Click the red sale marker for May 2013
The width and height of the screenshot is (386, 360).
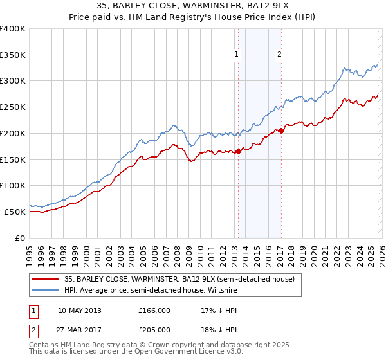tap(238, 151)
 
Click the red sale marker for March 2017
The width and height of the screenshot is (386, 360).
tap(282, 130)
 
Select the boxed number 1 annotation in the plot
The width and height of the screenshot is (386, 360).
tap(237, 55)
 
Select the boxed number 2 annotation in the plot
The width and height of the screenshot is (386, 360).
tap(280, 55)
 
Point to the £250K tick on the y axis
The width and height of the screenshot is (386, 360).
tap(13, 107)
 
